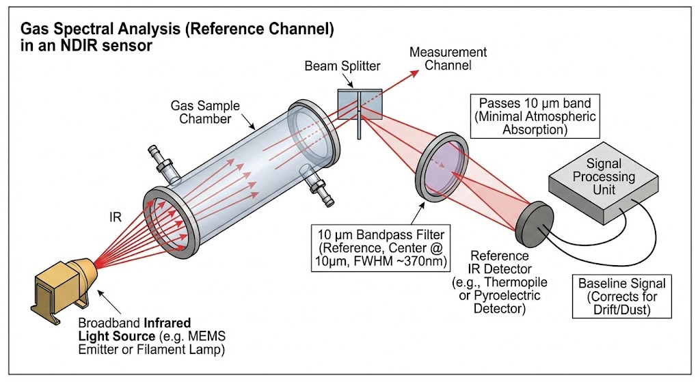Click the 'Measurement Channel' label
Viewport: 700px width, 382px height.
point(448,59)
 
